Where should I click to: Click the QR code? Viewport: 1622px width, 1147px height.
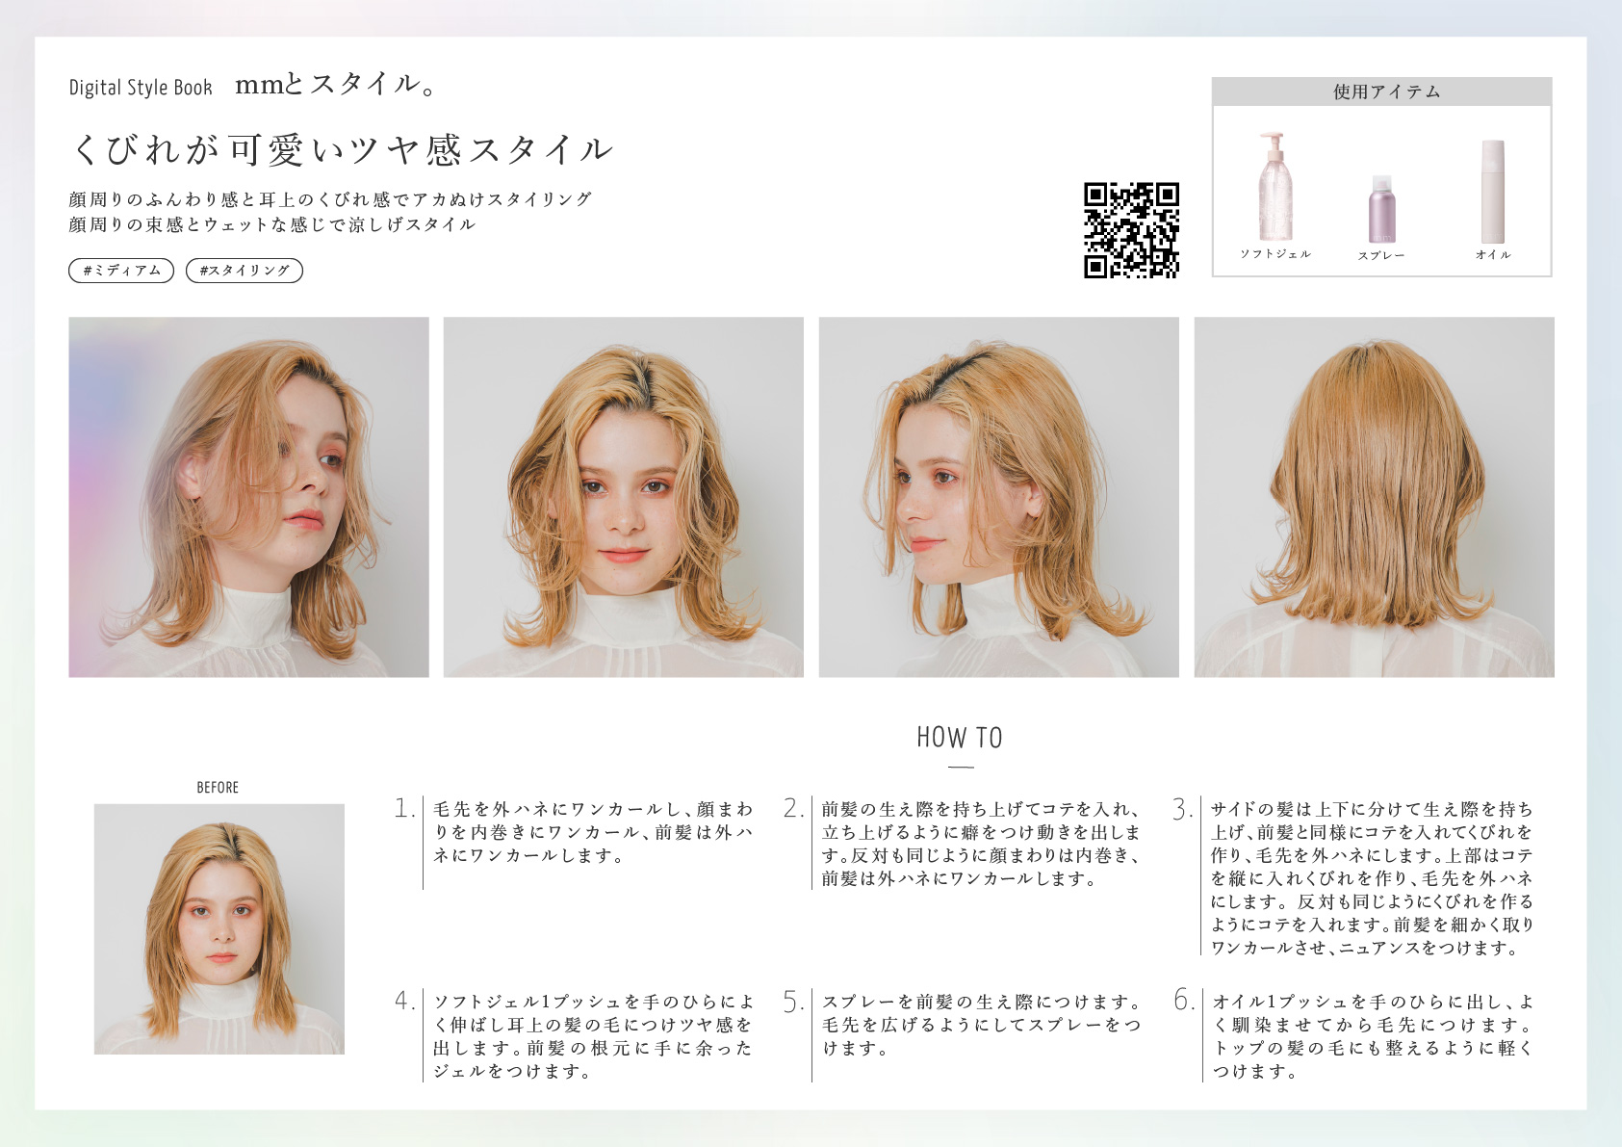tap(1131, 230)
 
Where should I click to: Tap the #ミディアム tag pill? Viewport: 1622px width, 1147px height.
tap(121, 271)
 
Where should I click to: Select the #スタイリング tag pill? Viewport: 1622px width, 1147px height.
tap(245, 271)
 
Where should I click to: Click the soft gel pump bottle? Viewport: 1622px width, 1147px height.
tap(1274, 186)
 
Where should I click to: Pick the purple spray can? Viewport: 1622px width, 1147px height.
tap(1381, 209)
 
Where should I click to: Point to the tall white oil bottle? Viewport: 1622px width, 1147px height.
tap(1492, 192)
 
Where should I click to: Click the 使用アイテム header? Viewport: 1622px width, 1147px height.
tap(1381, 91)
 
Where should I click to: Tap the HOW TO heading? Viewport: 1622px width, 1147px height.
tap(960, 738)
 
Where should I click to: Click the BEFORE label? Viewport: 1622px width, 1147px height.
tap(218, 788)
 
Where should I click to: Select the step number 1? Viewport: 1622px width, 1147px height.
tap(403, 808)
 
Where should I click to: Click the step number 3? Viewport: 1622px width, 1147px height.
tap(1182, 809)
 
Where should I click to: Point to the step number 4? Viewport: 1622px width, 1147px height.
tap(404, 1001)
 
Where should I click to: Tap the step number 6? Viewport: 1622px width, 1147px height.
tap(1183, 1001)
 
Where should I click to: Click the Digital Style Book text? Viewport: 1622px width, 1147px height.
tap(141, 88)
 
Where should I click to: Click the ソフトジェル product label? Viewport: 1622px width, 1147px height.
tap(1275, 254)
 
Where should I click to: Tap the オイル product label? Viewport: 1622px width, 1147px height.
tap(1493, 254)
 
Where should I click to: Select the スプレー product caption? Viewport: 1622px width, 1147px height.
tap(1381, 256)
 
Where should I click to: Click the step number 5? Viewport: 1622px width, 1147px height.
tap(793, 1003)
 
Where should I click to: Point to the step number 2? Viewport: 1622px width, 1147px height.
tap(793, 808)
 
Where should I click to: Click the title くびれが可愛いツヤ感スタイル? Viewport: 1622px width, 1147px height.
tap(343, 150)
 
